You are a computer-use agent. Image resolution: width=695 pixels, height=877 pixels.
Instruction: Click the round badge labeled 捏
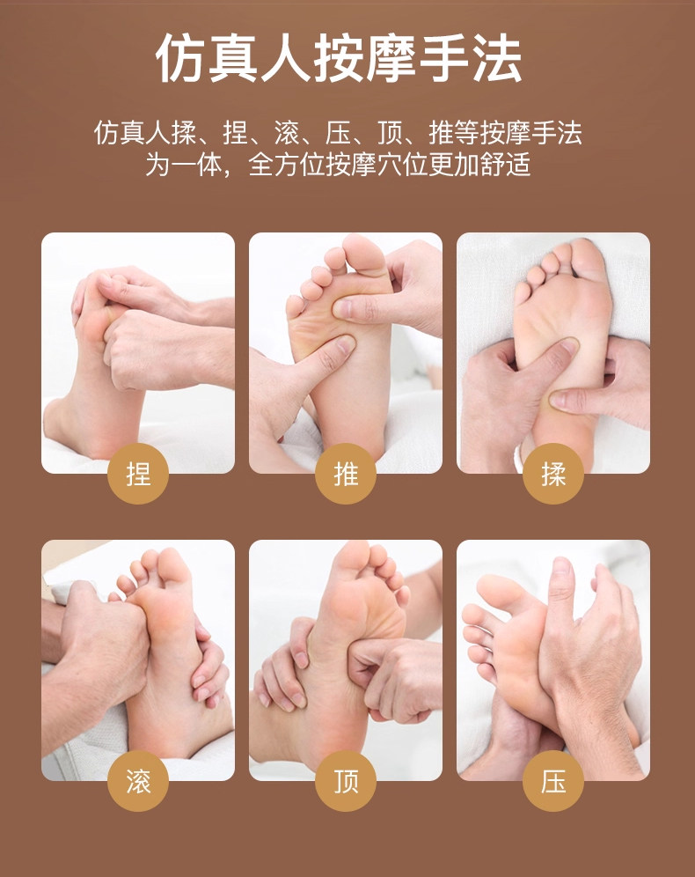138,474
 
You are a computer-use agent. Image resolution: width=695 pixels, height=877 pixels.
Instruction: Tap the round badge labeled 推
346,474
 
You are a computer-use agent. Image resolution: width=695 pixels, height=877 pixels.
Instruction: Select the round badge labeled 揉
553,474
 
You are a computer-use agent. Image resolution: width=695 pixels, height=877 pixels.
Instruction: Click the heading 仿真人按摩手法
339,59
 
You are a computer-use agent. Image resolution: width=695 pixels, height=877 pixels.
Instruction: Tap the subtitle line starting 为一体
338,165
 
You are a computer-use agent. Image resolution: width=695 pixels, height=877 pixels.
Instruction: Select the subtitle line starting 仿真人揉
338,133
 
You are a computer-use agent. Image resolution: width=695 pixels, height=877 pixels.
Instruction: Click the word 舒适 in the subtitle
506,165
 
